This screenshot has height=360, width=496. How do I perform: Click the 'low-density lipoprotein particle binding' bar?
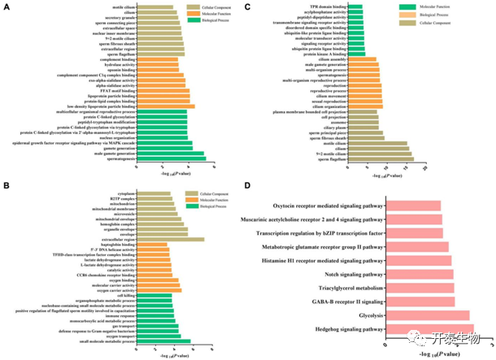pos(166,106)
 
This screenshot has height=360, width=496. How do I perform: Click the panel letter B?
pos(7,185)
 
